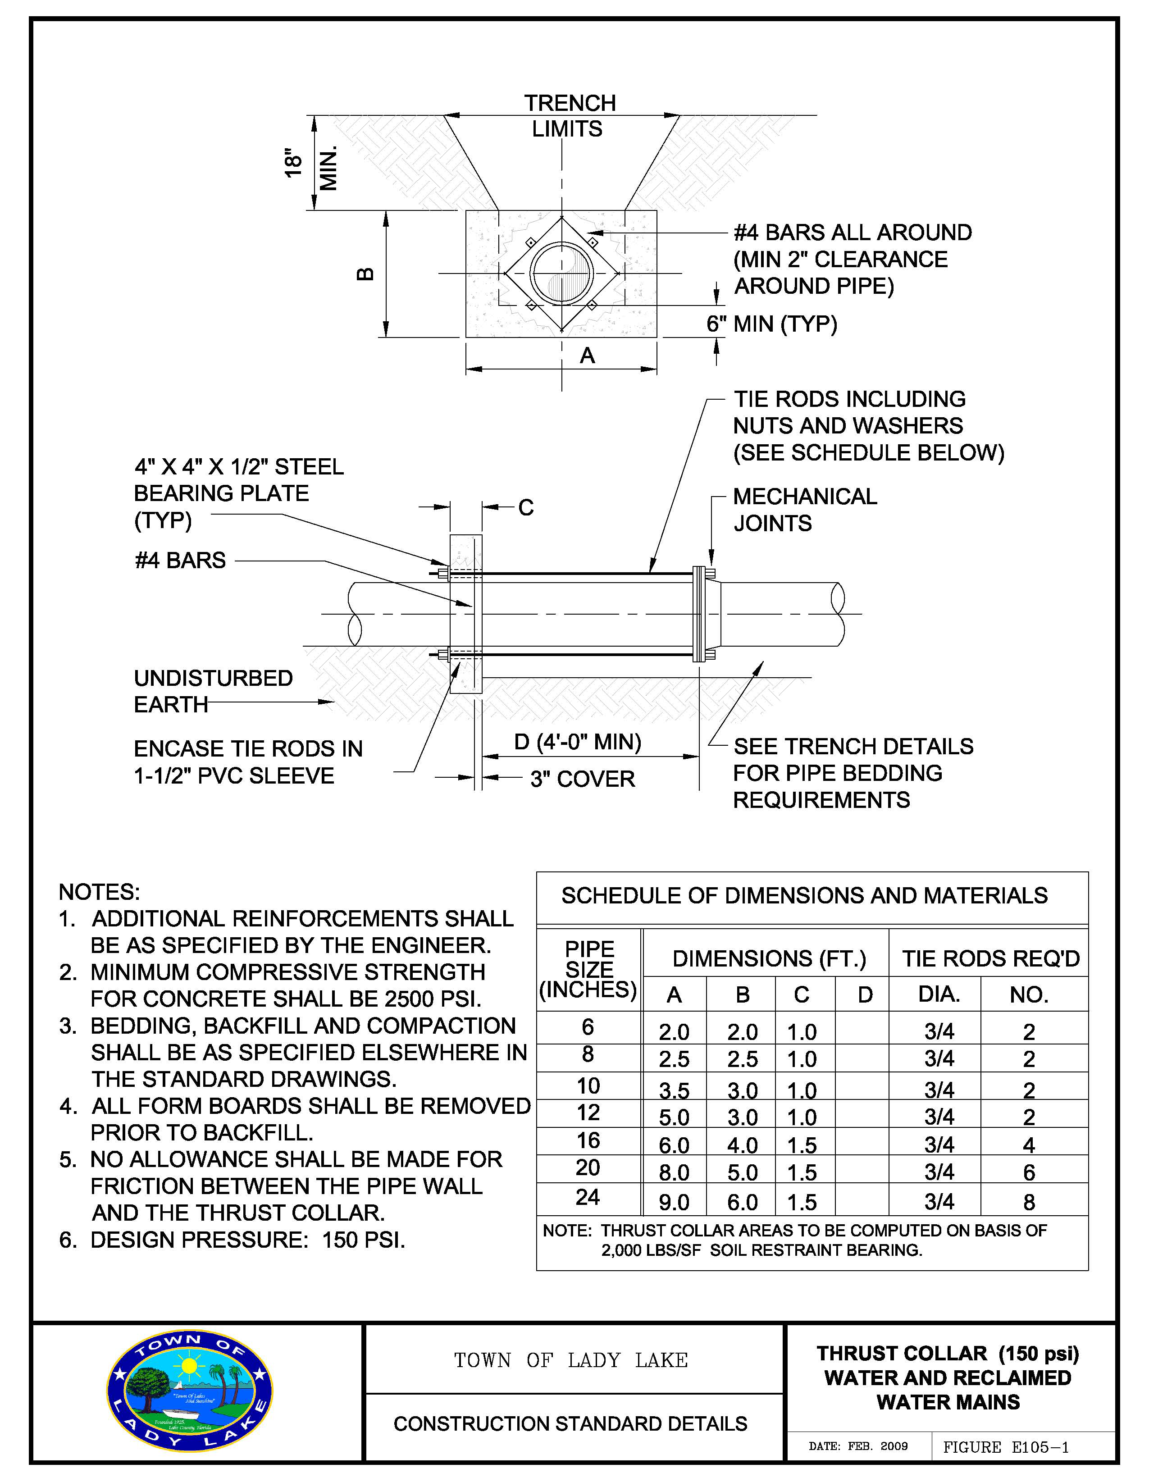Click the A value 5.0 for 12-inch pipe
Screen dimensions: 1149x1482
coord(674,1117)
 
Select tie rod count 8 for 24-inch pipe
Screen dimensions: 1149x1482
coord(1029,1203)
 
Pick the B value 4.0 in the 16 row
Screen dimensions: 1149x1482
coord(743,1145)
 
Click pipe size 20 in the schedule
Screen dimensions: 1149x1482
coord(588,1167)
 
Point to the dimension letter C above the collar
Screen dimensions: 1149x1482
coord(526,507)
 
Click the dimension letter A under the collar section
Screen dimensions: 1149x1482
coord(588,355)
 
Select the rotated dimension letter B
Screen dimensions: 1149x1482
coord(365,274)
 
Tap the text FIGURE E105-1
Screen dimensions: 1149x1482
coord(1006,1447)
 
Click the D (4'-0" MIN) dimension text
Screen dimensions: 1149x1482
coord(578,743)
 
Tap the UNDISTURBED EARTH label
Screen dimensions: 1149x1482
coord(213,692)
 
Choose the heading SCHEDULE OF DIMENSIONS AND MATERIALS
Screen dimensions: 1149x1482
coord(804,896)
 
